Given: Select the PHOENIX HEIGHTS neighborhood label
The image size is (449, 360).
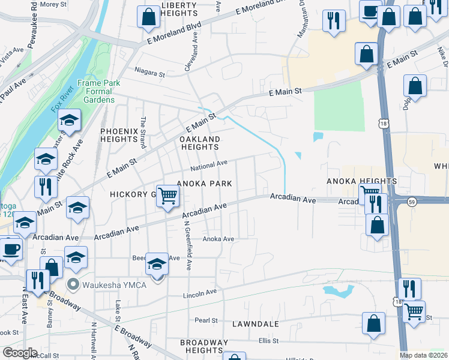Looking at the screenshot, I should click(119, 135).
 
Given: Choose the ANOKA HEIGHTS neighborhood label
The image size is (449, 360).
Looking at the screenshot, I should click(361, 181).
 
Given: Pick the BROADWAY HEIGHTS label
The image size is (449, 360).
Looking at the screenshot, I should click(204, 346).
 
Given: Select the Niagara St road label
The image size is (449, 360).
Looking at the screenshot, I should click(150, 74).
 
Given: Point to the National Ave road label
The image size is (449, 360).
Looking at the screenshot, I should click(209, 163).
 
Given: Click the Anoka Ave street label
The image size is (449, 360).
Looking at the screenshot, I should click(218, 239).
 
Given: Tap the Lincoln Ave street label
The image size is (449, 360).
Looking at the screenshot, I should click(199, 293).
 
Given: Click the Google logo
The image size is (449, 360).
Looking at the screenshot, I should click(20, 353).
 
